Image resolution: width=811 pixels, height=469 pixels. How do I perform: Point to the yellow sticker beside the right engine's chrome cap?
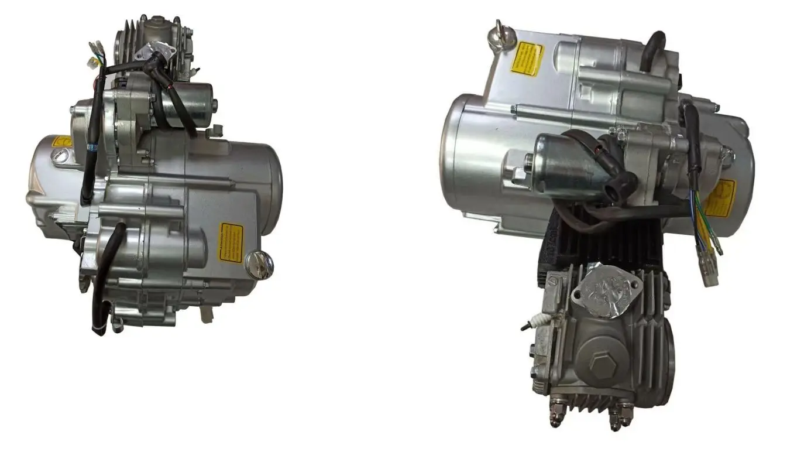coord(527,59)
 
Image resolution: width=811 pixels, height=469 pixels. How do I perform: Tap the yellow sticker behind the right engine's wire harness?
coord(720,198)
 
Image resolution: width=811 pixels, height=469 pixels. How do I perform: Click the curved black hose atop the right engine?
coord(652,50)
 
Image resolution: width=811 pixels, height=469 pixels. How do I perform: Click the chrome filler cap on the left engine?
coord(260,265)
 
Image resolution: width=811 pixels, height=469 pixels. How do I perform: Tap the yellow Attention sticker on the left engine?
coord(231,242)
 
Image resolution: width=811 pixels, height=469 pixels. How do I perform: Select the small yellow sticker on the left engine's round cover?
coord(61,142)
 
